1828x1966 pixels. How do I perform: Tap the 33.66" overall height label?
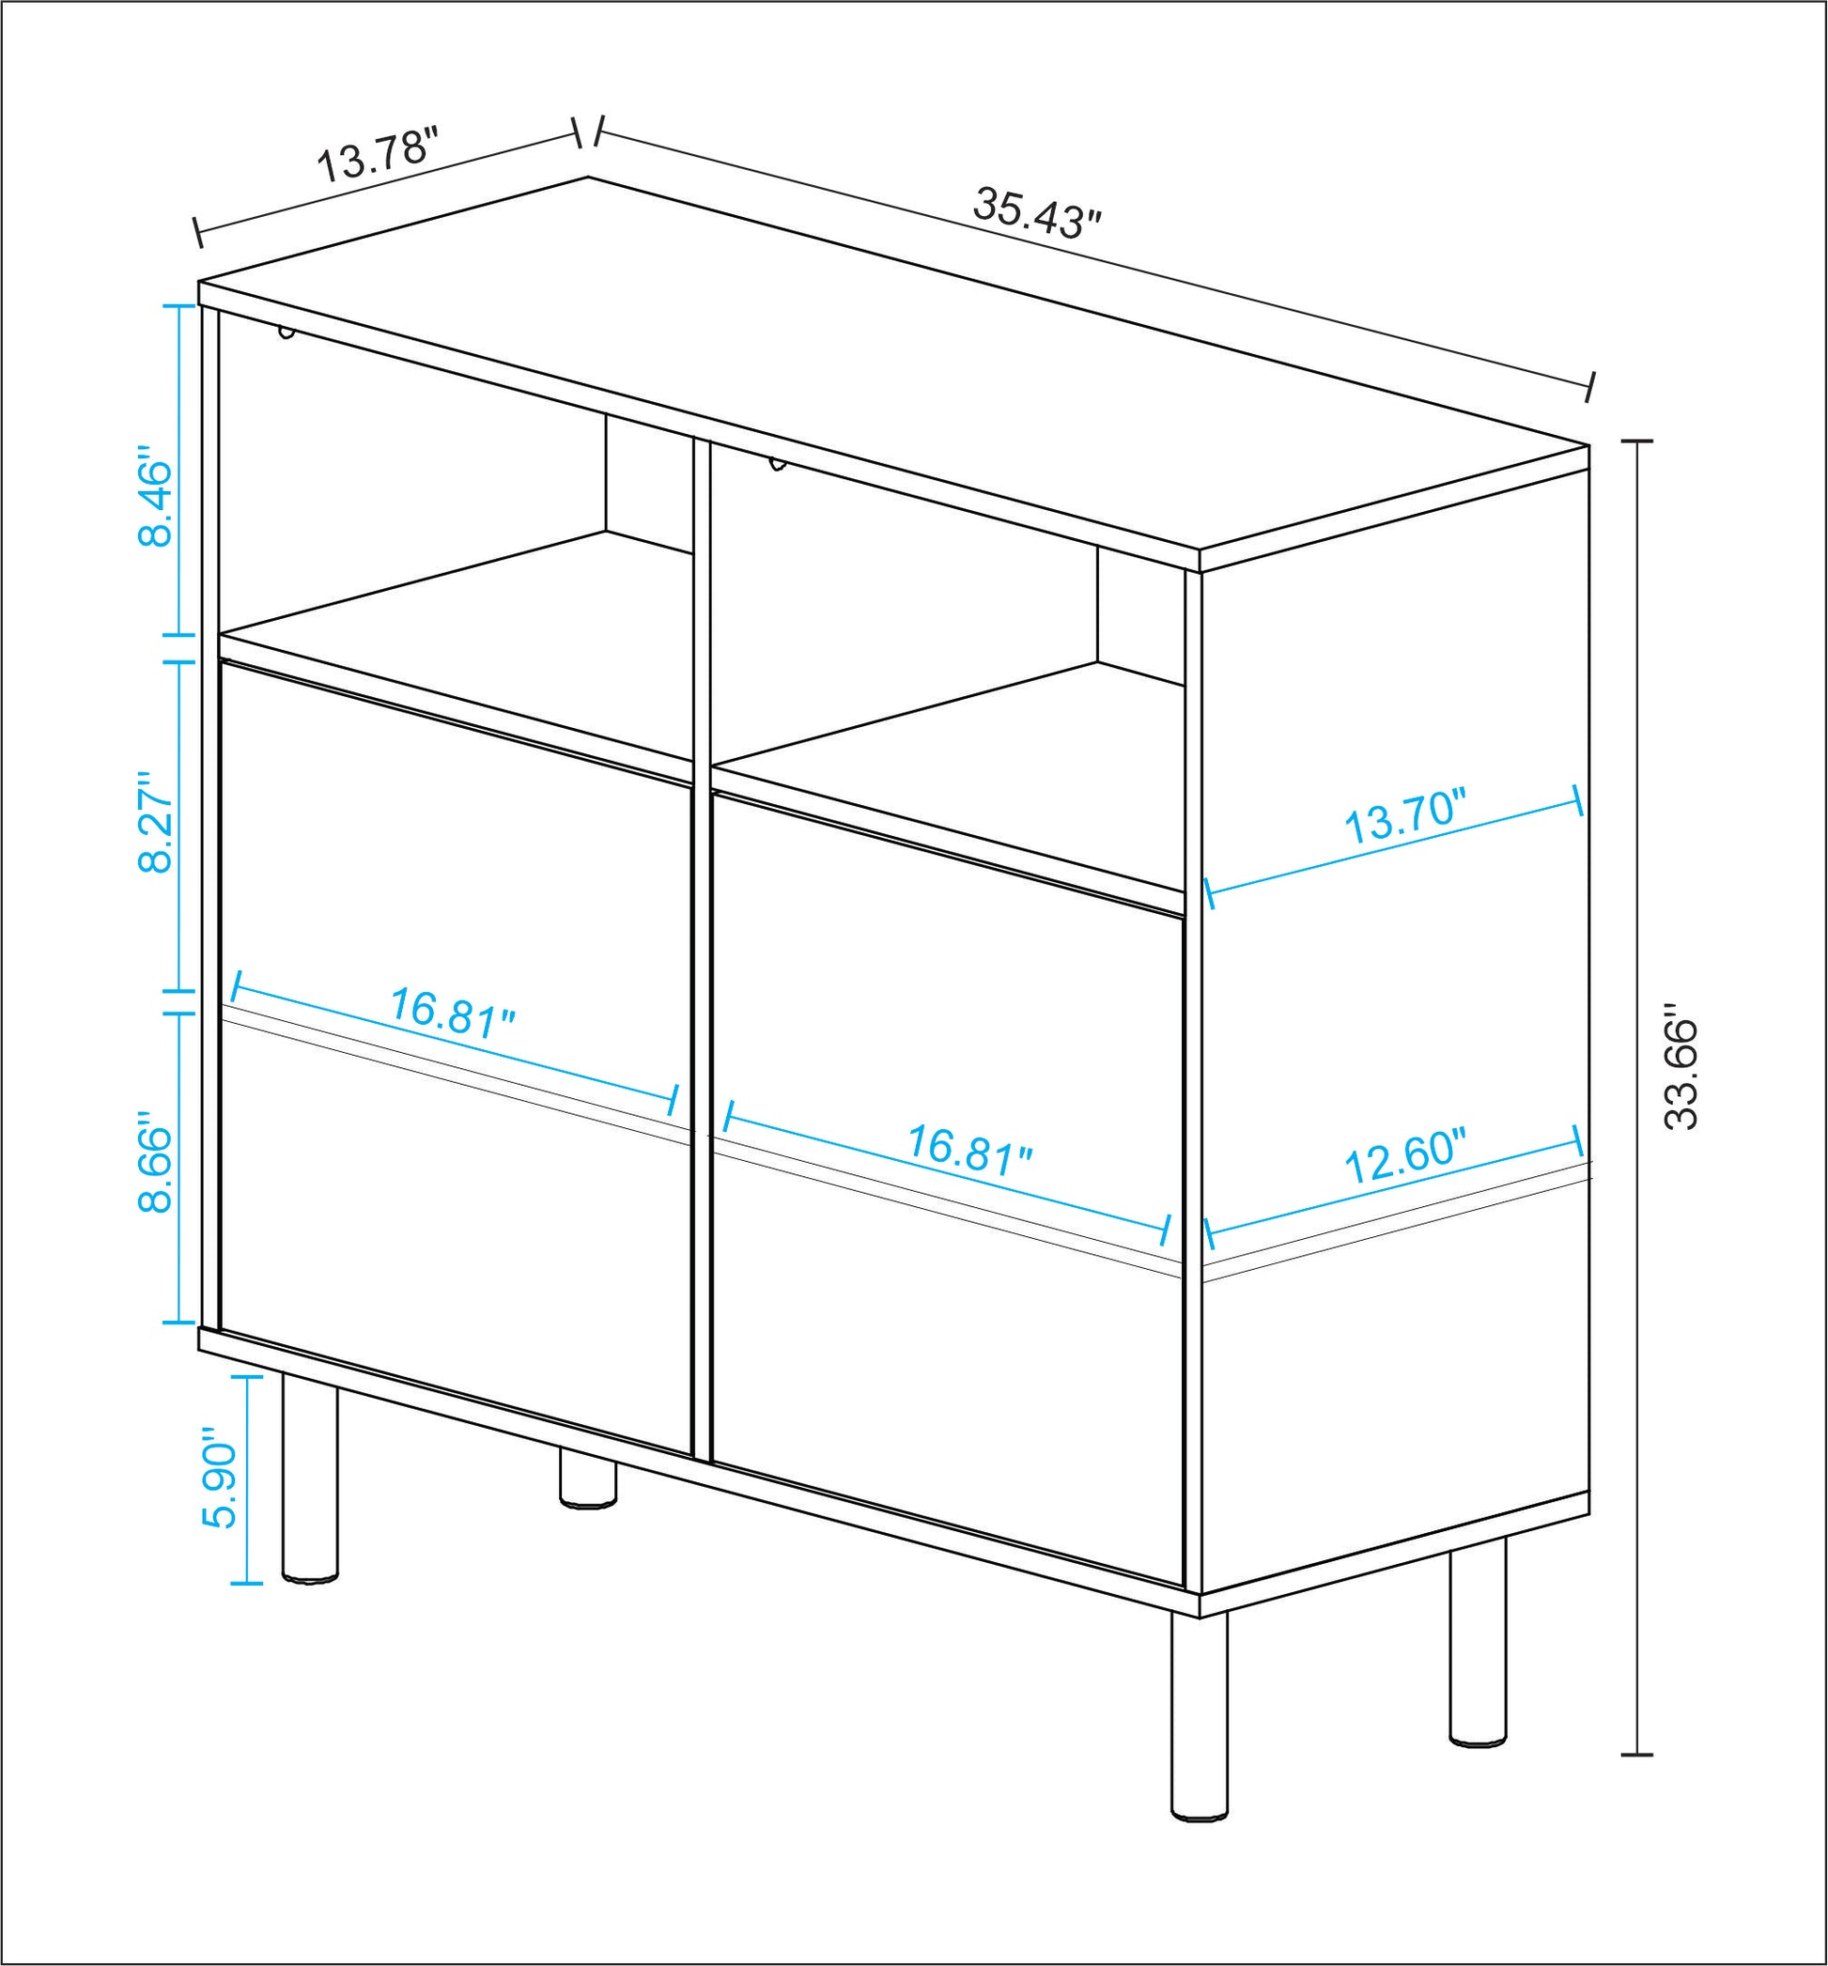1681,1068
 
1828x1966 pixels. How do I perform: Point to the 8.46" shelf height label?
155,502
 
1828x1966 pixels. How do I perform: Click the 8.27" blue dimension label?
155,823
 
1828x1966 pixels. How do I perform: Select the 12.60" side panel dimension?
1404,1158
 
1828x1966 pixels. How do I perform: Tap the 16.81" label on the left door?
452,1010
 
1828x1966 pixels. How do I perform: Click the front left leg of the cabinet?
310,1474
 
